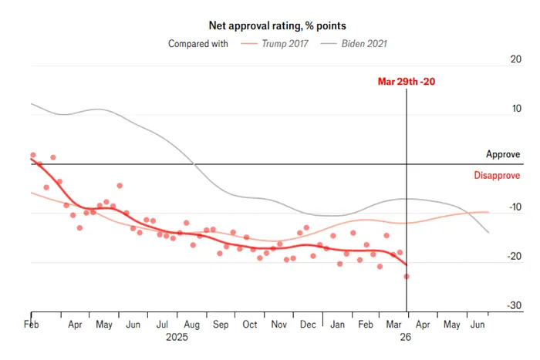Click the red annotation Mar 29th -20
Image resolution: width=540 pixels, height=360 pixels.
pyautogui.click(x=406, y=82)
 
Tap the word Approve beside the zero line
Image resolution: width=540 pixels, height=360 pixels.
pyautogui.click(x=503, y=155)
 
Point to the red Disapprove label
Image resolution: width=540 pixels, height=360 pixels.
pyautogui.click(x=497, y=176)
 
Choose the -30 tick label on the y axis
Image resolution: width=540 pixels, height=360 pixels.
pyautogui.click(x=513, y=306)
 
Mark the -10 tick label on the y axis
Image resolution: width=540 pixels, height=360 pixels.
pyautogui.click(x=513, y=207)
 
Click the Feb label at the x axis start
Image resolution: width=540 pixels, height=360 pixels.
pyautogui.click(x=32, y=325)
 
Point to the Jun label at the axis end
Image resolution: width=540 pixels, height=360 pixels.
pyautogui.click(x=478, y=325)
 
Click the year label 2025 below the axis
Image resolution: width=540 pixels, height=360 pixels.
pyautogui.click(x=177, y=338)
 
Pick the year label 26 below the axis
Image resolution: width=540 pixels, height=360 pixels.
pyautogui.click(x=406, y=338)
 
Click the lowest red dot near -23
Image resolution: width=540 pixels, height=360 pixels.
pyautogui.click(x=407, y=276)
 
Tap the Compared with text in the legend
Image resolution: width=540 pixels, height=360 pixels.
pyautogui.click(x=198, y=44)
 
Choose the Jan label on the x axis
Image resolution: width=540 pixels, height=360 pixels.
pyautogui.click(x=337, y=325)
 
